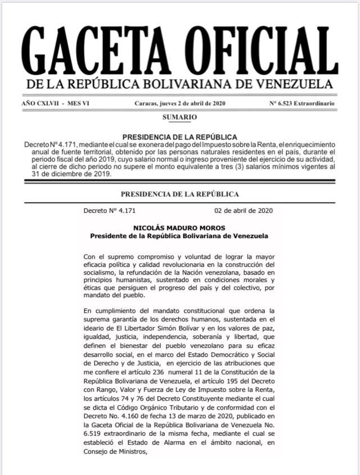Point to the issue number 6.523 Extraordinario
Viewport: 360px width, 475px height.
(303, 104)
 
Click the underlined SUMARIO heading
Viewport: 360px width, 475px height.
(180, 117)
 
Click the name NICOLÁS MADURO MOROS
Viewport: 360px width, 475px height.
(175, 227)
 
